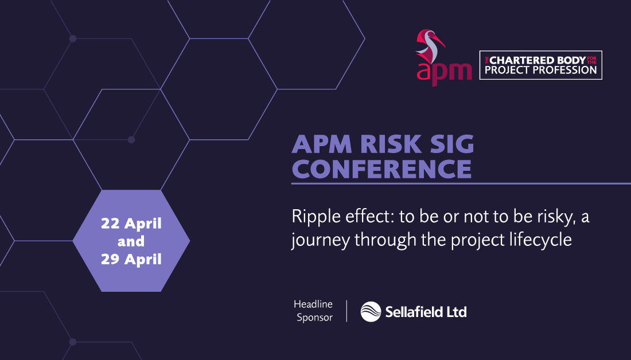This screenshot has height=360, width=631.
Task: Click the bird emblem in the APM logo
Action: coord(430,46)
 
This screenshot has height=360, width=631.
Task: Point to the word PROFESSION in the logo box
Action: coord(565,70)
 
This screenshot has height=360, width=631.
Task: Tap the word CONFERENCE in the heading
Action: coord(381,169)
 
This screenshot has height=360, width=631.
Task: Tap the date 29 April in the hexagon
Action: coord(131,259)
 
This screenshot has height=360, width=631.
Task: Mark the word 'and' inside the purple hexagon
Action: coord(131,241)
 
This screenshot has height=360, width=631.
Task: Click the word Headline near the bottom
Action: coord(313,304)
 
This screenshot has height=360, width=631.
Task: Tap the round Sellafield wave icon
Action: coord(371,311)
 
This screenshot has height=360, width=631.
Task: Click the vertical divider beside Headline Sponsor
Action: coord(346,311)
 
